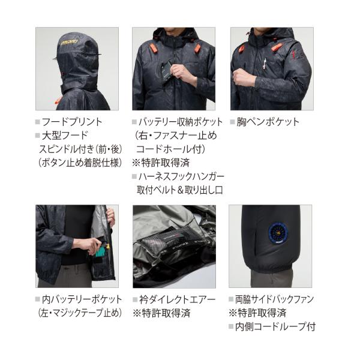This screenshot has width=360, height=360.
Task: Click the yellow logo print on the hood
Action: click(x=71, y=42)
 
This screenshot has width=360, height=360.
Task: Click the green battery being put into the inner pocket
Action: click(x=100, y=251)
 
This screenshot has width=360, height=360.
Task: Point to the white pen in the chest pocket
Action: click(x=265, y=64)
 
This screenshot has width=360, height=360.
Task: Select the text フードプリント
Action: click(x=72, y=122)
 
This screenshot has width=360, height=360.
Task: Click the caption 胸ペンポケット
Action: click(x=268, y=122)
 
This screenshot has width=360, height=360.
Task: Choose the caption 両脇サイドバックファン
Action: click(x=274, y=299)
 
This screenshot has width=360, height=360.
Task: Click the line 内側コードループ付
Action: click(x=275, y=327)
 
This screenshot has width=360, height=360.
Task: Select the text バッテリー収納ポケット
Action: click(x=181, y=122)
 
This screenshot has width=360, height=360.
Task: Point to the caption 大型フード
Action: click(x=65, y=135)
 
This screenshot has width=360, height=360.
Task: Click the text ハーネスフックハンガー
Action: click(x=181, y=176)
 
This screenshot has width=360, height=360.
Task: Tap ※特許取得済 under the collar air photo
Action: click(x=161, y=313)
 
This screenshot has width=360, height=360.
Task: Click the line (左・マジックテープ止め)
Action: click(x=80, y=313)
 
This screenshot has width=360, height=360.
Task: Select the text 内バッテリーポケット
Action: click(x=82, y=299)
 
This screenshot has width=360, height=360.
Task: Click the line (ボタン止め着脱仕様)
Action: click(x=80, y=163)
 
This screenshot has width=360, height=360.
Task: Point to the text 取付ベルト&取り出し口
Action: click(x=180, y=190)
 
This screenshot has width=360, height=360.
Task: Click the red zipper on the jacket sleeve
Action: click(x=293, y=55)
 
